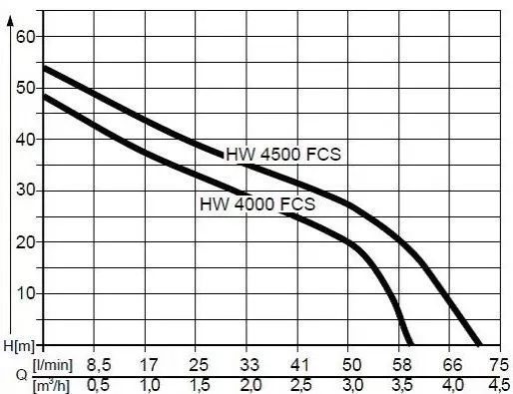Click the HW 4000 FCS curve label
tap(257, 205)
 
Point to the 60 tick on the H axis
tap(25, 37)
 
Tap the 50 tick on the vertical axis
tap(25, 88)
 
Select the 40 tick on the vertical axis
tap(25, 140)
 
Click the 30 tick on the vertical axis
tap(25, 191)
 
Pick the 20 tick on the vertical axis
tap(25, 242)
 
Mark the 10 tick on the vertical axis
tap(25, 293)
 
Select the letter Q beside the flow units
tap(12, 375)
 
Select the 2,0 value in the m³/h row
tap(250, 384)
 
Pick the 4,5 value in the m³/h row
tap(499, 384)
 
